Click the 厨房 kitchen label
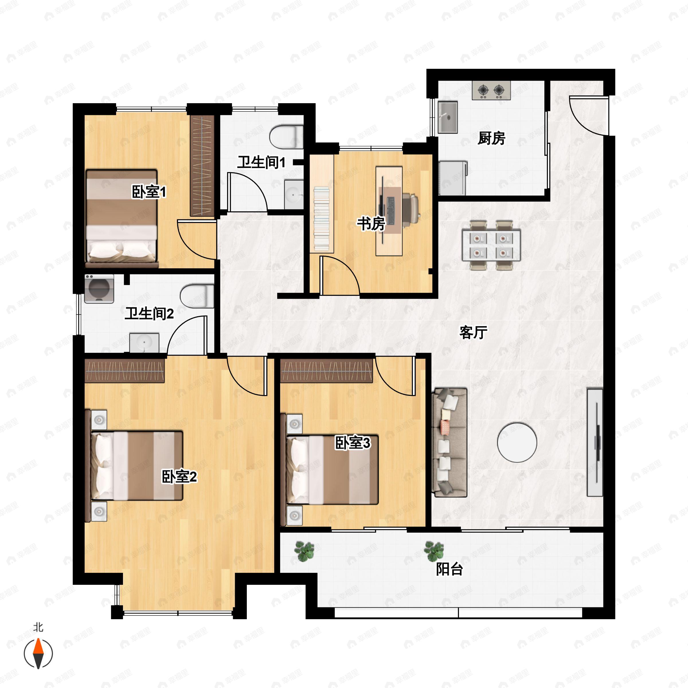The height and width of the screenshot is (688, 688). click(491, 138)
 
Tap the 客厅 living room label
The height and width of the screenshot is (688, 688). click(473, 332)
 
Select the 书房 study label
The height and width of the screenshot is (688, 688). click(371, 224)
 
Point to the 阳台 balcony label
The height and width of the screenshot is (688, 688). click(449, 569)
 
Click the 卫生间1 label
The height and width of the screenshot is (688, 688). click(261, 162)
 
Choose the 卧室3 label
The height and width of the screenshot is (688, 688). click(353, 443)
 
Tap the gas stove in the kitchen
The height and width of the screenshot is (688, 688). click(491, 91)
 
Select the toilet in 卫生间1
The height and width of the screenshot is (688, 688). click(286, 137)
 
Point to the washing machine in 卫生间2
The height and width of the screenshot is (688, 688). click(99, 288)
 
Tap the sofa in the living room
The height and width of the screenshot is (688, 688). click(449, 443)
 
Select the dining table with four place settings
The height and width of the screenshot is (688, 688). click(491, 245)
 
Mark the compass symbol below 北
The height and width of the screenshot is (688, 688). click(38, 654)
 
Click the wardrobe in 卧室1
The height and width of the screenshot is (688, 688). click(202, 166)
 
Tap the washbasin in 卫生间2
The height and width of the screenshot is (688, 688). click(144, 343)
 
